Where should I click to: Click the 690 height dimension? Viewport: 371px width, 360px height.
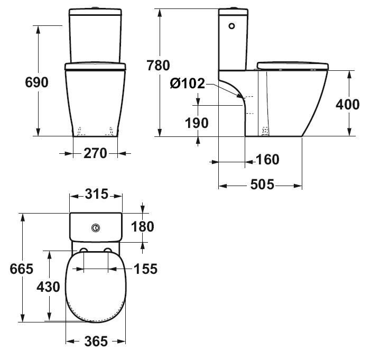tap(36, 82)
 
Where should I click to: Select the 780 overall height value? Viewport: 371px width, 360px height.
tap(159, 66)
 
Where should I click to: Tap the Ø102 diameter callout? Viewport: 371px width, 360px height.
tap(188, 84)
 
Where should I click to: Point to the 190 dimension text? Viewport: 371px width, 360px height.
tap(197, 123)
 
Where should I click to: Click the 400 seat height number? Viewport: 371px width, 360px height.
tap(348, 104)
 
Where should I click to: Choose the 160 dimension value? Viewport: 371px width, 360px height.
tap(267, 160)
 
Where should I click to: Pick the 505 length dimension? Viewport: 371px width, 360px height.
tap(262, 184)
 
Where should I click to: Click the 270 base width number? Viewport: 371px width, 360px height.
tap(95, 153)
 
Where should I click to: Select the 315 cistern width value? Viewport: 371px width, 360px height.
tap(97, 194)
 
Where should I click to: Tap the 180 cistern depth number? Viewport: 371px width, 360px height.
tap(143, 226)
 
